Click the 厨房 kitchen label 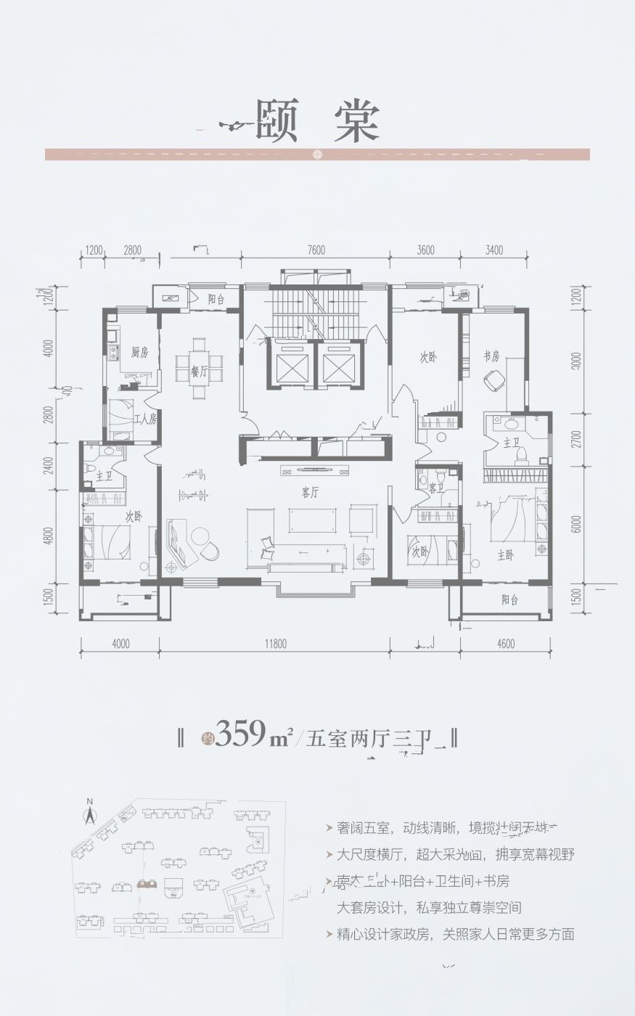click(140, 353)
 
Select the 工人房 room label click(145, 419)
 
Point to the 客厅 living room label click(310, 492)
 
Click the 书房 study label click(491, 356)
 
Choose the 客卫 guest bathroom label click(436, 488)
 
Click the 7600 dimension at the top click(316, 250)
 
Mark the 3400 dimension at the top click(493, 250)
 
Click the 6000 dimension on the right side click(575, 525)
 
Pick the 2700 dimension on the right click(575, 440)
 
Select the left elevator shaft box click(290, 363)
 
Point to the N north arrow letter click(90, 801)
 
